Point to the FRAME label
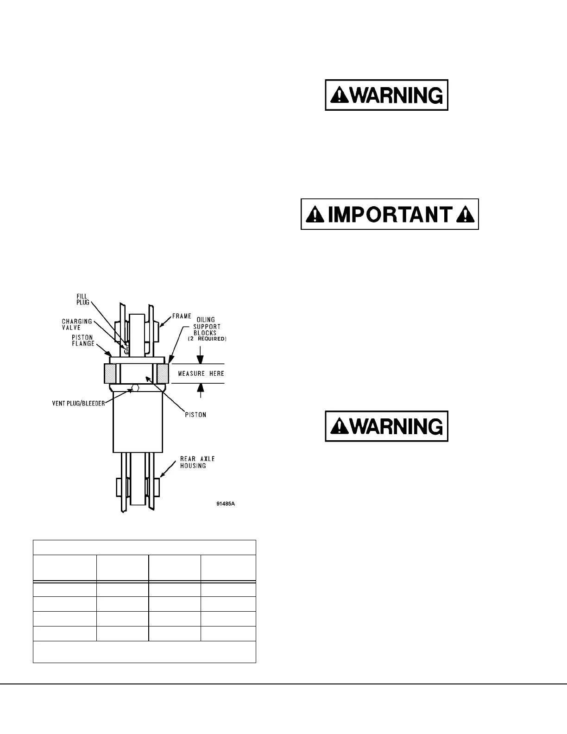tap(182, 316)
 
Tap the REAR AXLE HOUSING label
tap(197, 462)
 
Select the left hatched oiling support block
tap(110, 373)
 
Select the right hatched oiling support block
tap(164, 373)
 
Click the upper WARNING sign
tap(386, 95)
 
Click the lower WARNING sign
tap(386, 426)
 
